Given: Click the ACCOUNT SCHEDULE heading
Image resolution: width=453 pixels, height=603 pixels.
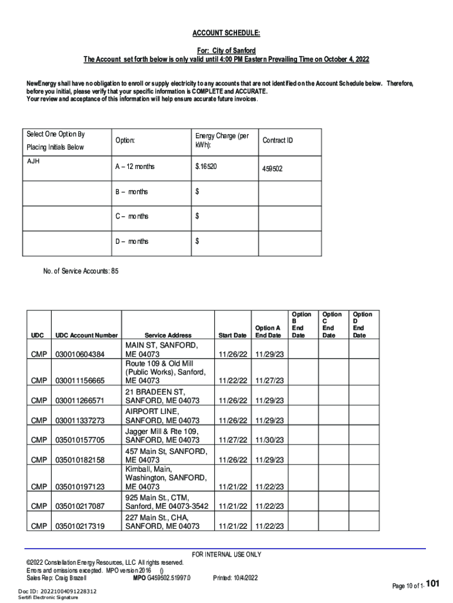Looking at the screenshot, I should pyautogui.click(x=226, y=34).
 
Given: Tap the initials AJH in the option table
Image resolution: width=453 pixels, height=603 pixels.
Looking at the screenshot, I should pyautogui.click(x=34, y=160).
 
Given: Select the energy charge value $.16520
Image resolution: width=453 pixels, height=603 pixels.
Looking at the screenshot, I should pyautogui.click(x=206, y=167).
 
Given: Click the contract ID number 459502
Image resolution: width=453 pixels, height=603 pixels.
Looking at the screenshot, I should pyautogui.click(x=272, y=168).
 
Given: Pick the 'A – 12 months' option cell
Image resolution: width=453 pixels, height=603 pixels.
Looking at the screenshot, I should pyautogui.click(x=135, y=167).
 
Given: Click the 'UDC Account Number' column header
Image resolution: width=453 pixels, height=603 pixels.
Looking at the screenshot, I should pyautogui.click(x=86, y=335).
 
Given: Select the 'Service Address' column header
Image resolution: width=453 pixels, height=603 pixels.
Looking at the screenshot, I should pyautogui.click(x=168, y=335).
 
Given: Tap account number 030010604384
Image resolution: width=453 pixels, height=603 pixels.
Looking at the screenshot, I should pyautogui.click(x=79, y=354).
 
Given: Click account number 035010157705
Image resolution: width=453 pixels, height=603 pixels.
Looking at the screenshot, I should pyautogui.click(x=79, y=440).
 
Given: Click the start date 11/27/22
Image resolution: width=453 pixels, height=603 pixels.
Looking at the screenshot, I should pyautogui.click(x=232, y=440).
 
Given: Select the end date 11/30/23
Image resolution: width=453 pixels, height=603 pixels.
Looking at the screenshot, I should pyautogui.click(x=269, y=440).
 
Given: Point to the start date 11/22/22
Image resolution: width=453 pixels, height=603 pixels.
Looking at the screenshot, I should pyautogui.click(x=232, y=381).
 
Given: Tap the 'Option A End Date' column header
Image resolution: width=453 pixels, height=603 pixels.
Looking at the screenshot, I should pyautogui.click(x=268, y=332).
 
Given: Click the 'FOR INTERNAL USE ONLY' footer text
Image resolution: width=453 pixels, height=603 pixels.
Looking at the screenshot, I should pyautogui.click(x=226, y=555).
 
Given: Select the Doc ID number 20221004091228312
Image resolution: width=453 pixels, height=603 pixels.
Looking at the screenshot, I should pyautogui.click(x=67, y=591).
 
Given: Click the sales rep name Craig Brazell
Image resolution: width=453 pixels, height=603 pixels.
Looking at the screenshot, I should pyautogui.click(x=69, y=578).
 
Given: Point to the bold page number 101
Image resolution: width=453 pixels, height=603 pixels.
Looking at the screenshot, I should pyautogui.click(x=433, y=584).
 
